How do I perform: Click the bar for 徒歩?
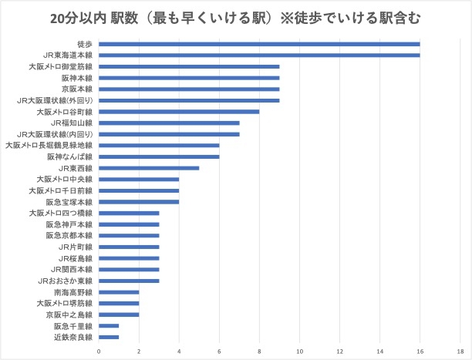[259, 44]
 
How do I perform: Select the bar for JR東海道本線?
[259, 56]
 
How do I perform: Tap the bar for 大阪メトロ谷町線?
[179, 112]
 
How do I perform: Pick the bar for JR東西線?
[149, 168]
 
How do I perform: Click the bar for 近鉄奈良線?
[109, 337]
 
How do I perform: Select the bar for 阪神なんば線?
[159, 156]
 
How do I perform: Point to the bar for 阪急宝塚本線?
[139, 202]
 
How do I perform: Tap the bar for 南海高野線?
[119, 292]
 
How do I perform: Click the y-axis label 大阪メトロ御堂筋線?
[61, 67]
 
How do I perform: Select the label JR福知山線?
[72, 123]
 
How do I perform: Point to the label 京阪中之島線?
[69, 315]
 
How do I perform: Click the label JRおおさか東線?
[66, 281]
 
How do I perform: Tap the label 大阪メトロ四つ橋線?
[61, 213]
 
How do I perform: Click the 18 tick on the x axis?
[460, 352]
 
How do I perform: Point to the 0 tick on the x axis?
[99, 352]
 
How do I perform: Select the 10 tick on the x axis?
[299, 352]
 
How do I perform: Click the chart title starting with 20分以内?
[237, 16]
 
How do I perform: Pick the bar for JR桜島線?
[129, 258]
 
